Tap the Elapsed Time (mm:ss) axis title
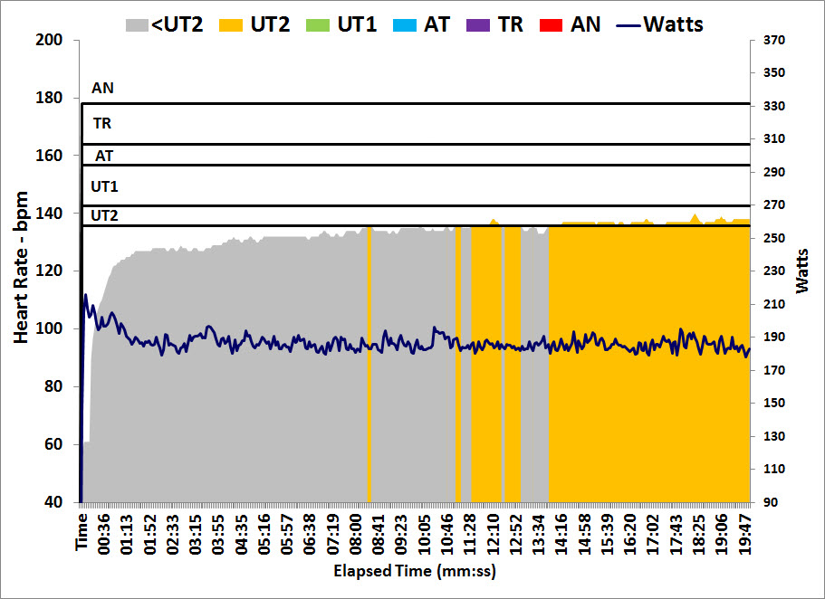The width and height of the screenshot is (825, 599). [x=415, y=572]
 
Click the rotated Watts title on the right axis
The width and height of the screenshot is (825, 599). [x=804, y=271]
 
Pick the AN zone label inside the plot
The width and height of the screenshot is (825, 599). [x=102, y=89]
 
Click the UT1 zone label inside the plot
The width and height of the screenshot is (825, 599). [x=104, y=186]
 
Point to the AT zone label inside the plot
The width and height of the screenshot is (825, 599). [x=104, y=156]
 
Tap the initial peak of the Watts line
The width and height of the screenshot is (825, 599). [x=86, y=295]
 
